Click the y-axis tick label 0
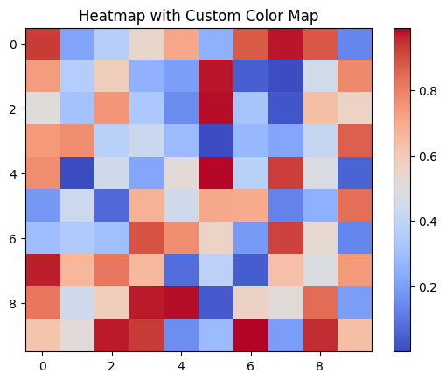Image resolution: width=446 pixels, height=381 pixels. click(12, 44)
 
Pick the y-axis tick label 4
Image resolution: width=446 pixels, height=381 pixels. click(12, 173)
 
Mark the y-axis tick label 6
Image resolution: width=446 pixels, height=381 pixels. click(12, 238)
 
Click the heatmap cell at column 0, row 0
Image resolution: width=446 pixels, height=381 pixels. click(41, 44)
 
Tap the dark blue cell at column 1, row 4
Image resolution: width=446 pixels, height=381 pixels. click(76, 173)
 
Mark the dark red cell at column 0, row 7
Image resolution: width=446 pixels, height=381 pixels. click(41, 271)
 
